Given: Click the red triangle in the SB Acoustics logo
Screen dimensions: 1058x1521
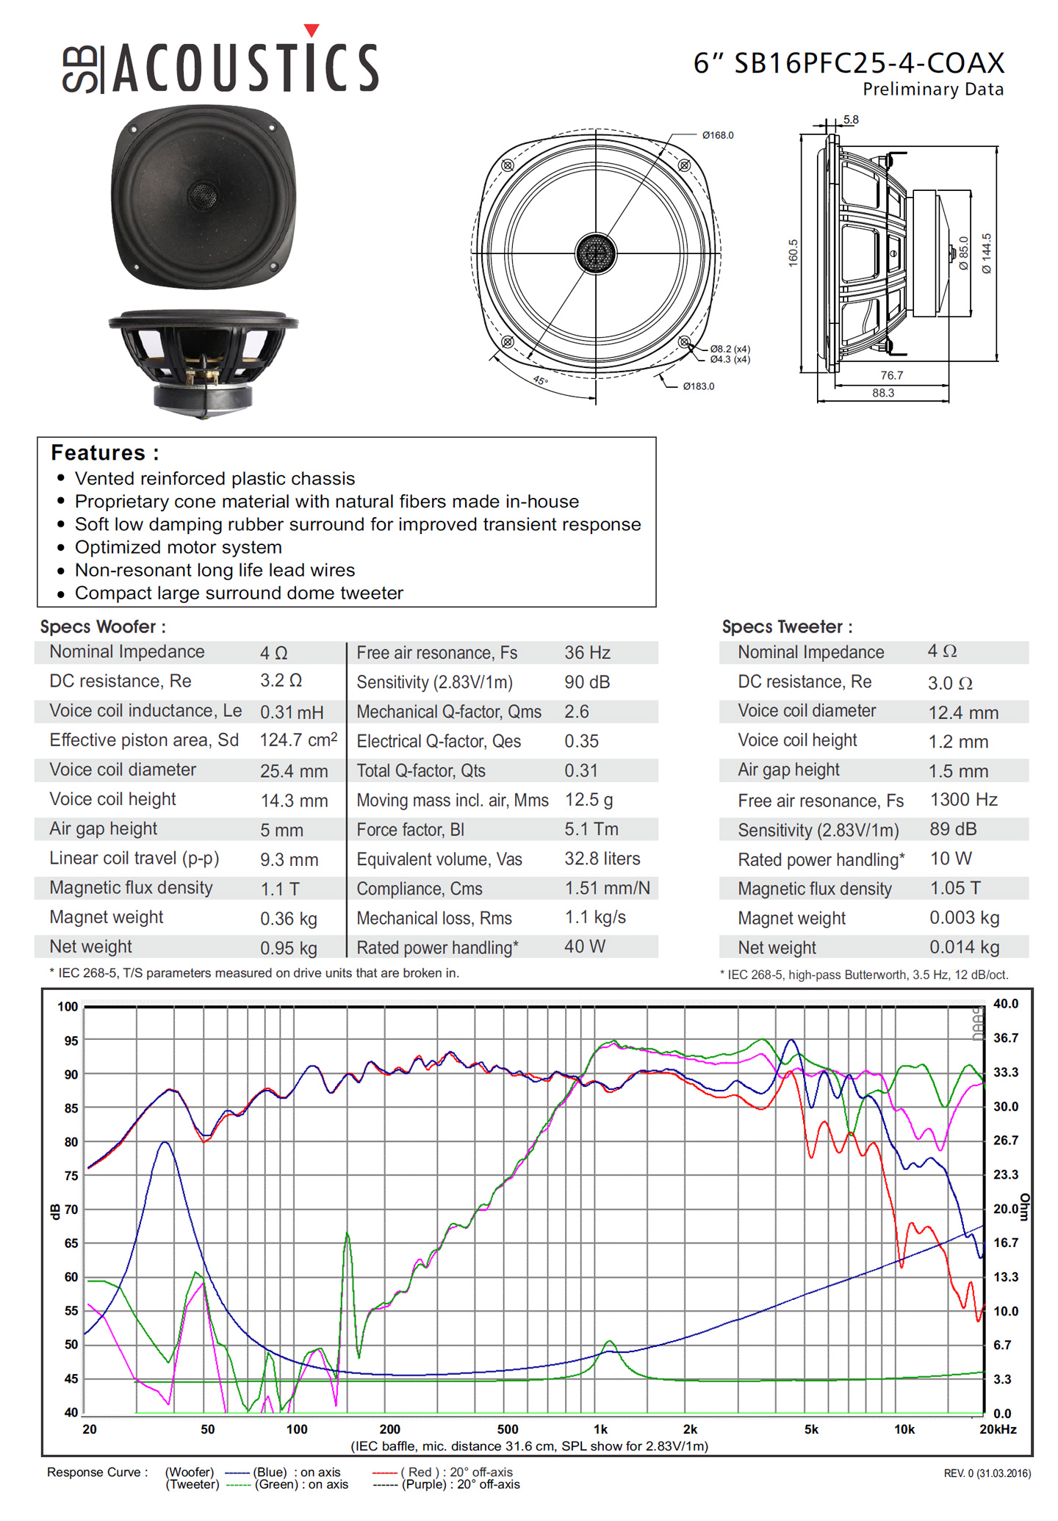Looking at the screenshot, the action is [x=312, y=30].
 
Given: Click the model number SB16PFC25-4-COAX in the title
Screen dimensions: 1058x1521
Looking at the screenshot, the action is [x=869, y=63].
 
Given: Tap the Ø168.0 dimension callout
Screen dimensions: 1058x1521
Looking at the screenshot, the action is [x=717, y=135].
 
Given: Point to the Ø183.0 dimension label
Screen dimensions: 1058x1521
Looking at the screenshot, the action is [x=698, y=386].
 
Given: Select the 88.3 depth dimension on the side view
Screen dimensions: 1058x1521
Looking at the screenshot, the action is [x=883, y=393].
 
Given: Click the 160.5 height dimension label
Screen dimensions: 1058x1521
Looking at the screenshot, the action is [x=793, y=253].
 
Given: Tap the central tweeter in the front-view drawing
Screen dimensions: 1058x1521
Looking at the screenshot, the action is [x=595, y=253].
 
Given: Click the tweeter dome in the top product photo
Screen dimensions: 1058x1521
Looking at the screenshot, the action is [x=202, y=195].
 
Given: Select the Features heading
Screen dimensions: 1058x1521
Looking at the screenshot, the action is [x=105, y=452].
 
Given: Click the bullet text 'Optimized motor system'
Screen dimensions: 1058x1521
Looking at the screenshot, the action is [x=179, y=547].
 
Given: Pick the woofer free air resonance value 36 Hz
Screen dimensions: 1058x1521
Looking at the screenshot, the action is [x=587, y=652].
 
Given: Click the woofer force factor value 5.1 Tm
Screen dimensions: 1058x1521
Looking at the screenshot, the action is [x=591, y=829].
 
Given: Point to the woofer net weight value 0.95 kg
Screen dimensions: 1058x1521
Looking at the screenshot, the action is [x=289, y=948].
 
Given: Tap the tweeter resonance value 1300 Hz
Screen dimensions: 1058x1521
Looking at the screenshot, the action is [x=964, y=800].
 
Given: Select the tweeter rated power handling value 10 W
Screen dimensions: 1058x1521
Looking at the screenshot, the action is [x=951, y=859].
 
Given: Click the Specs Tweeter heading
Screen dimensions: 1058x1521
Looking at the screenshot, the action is [x=787, y=626].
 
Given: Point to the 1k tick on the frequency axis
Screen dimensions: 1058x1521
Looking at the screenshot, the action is [x=600, y=1429].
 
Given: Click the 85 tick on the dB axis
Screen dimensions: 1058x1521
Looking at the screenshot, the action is [x=71, y=1108].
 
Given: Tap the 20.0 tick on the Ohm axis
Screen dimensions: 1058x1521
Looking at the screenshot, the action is [x=1006, y=1209].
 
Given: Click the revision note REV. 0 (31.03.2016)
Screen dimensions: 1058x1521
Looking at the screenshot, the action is [x=987, y=1473].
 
